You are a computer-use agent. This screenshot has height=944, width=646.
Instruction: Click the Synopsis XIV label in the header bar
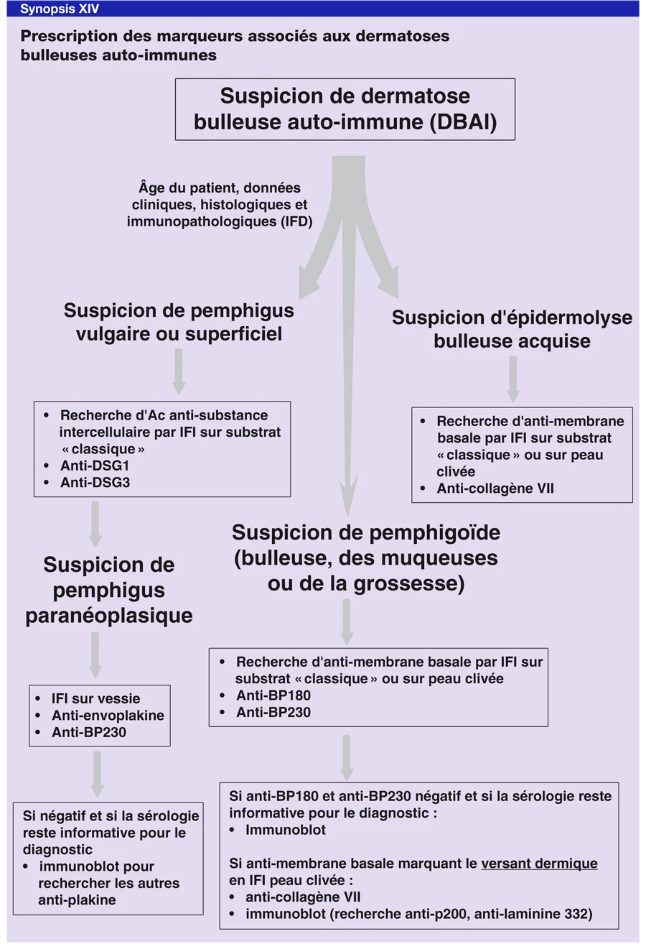click(x=59, y=9)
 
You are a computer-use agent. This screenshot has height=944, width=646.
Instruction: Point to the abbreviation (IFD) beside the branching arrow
click(x=296, y=222)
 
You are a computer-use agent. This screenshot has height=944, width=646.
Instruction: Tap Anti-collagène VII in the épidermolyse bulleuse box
click(x=495, y=489)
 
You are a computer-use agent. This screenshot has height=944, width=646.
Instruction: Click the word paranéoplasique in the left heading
click(x=109, y=616)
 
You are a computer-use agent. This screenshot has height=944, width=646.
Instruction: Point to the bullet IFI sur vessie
click(x=95, y=698)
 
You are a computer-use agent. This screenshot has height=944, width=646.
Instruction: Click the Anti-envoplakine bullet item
click(x=107, y=716)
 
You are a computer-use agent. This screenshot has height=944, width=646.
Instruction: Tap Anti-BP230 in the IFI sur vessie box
click(x=90, y=733)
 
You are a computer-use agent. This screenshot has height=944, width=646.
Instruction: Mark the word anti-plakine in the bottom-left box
click(x=77, y=899)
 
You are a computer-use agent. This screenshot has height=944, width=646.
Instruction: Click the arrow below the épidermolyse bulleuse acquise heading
click(x=512, y=379)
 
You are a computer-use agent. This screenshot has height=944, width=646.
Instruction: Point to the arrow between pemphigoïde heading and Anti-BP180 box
click(x=347, y=621)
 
